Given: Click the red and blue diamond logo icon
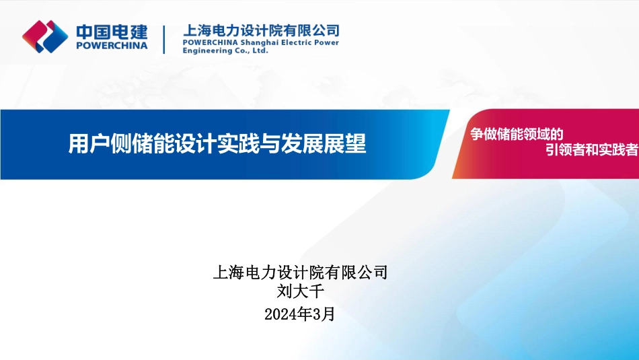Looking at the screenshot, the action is point(45,37).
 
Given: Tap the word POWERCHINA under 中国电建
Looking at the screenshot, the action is point(112,46).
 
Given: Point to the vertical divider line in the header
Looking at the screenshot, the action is point(164,40).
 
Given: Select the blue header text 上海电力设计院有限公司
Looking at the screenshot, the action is point(261,30).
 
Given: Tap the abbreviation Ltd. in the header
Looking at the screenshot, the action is point(260,50).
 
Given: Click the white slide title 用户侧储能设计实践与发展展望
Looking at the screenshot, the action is point(217,143).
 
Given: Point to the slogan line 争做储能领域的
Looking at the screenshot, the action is point(517,134).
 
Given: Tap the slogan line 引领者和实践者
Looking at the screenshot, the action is point(592,149).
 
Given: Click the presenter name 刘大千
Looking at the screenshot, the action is point(301,291).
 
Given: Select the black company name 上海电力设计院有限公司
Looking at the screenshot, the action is point(300,273).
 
